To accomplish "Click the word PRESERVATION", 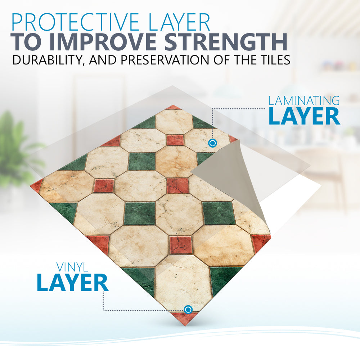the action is coord(165,60).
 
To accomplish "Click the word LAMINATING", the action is coord(304,101).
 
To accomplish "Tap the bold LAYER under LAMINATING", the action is coord(305,116).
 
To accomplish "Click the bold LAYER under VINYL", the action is coord(73,283).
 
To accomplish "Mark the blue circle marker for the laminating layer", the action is coord(213,143).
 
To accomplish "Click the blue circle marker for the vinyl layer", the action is coord(188,310).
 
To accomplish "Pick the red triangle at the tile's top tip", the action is coord(174,107).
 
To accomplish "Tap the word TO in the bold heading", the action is coord(27,42).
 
